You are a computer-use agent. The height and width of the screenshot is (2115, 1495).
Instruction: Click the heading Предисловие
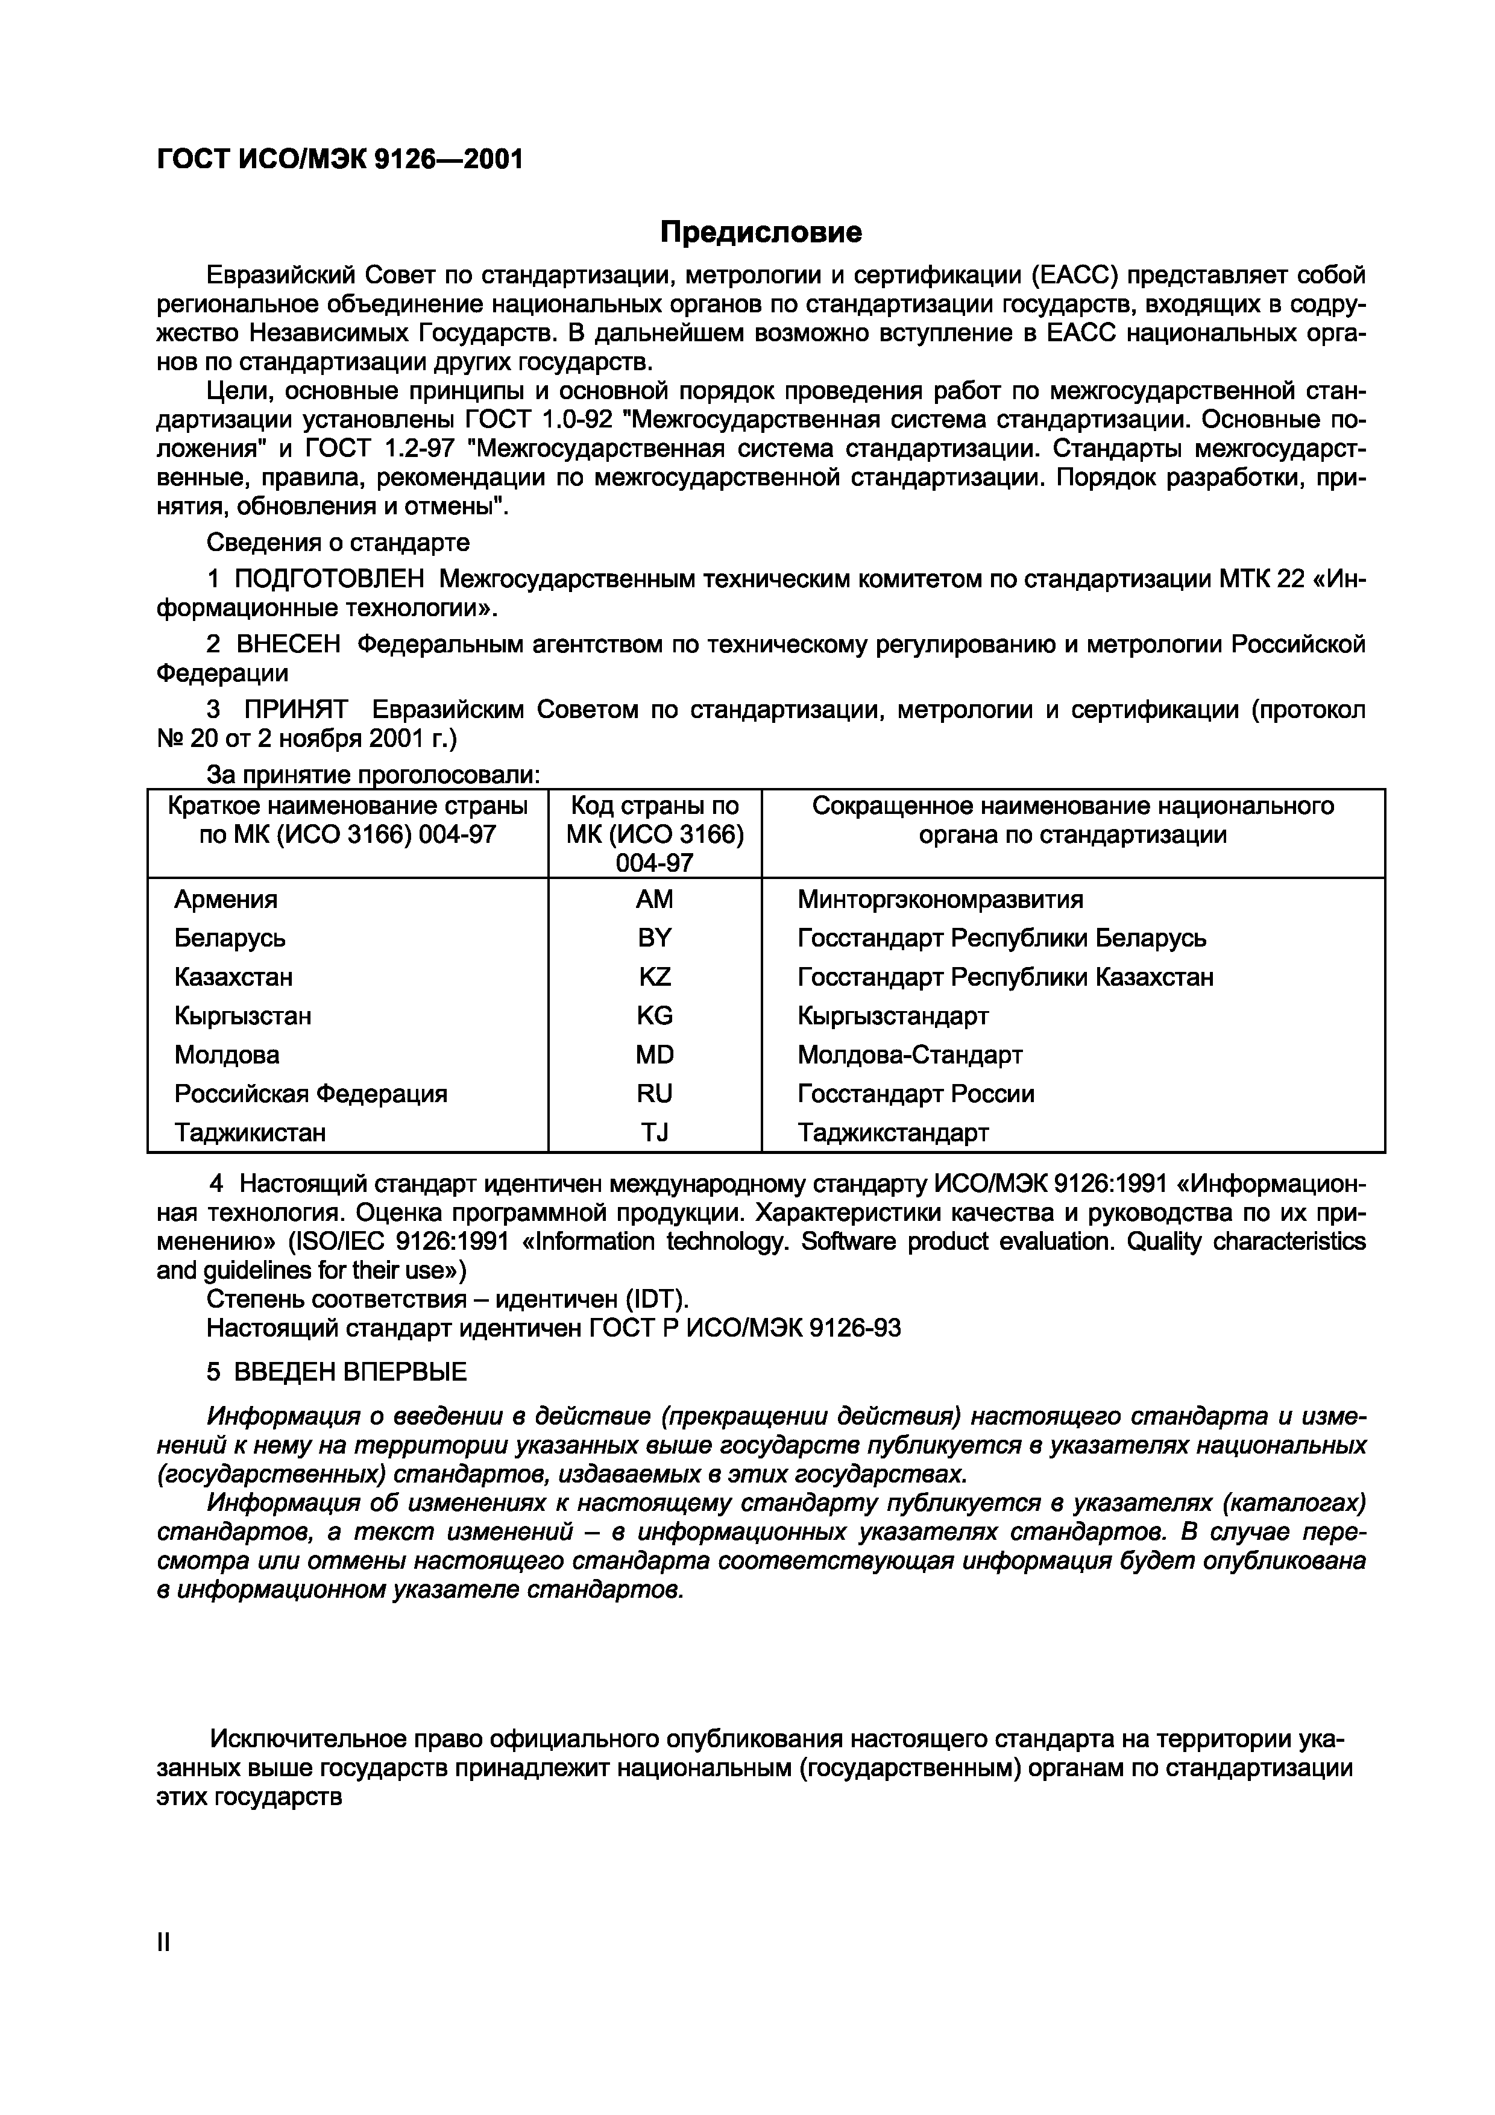[x=761, y=232]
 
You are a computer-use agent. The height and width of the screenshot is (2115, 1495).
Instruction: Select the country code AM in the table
[x=654, y=899]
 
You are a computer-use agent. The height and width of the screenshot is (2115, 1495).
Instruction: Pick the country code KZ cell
[x=654, y=977]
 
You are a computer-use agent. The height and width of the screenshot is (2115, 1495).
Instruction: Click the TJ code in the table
[x=654, y=1132]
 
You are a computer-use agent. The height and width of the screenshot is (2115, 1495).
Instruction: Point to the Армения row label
[x=225, y=899]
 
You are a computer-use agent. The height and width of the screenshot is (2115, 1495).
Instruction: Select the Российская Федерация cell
[x=310, y=1094]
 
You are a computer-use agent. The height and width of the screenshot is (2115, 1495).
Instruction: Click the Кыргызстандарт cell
[x=893, y=1016]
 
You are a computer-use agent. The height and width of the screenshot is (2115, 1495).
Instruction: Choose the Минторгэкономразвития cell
[x=940, y=899]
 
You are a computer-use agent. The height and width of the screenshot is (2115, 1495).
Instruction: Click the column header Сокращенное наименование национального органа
[x=1072, y=820]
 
